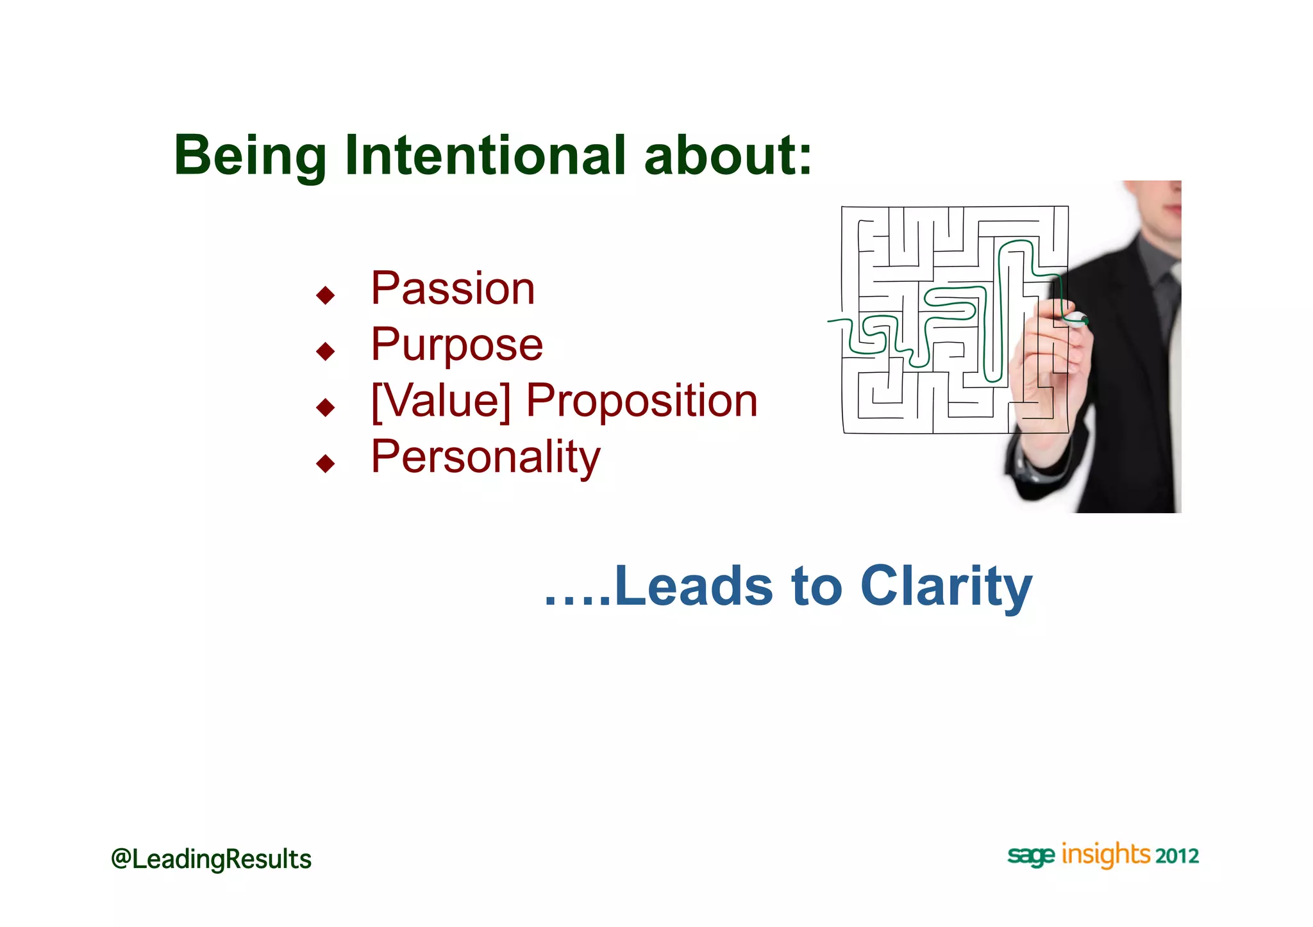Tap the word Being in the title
250,157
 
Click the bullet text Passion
453,289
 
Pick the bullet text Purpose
456,345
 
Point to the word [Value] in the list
441,401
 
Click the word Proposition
642,401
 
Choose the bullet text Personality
485,457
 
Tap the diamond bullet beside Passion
326,295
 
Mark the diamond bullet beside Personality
326,463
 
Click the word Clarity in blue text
946,586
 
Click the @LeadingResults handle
211,859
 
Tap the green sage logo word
1030,856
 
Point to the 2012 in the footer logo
1177,857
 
